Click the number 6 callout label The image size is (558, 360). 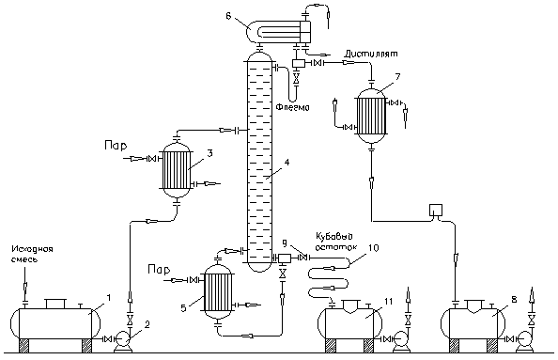(228, 16)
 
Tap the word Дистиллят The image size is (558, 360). (370, 54)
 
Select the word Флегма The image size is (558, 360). (293, 107)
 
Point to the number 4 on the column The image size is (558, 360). (287, 163)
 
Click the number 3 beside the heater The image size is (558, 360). (210, 153)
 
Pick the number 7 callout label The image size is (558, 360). (397, 77)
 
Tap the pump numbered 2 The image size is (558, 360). (123, 342)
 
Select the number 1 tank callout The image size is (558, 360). (109, 297)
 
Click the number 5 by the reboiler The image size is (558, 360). (183, 307)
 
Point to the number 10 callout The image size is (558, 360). (372, 247)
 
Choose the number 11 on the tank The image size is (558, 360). (388, 302)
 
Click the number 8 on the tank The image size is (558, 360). (514, 299)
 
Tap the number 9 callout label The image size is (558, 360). (285, 243)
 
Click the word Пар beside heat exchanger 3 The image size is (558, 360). (116, 146)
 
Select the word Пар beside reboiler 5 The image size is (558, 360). (159, 270)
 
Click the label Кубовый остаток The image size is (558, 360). (336, 241)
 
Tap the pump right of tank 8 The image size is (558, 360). (525, 342)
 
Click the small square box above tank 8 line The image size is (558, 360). (436, 210)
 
